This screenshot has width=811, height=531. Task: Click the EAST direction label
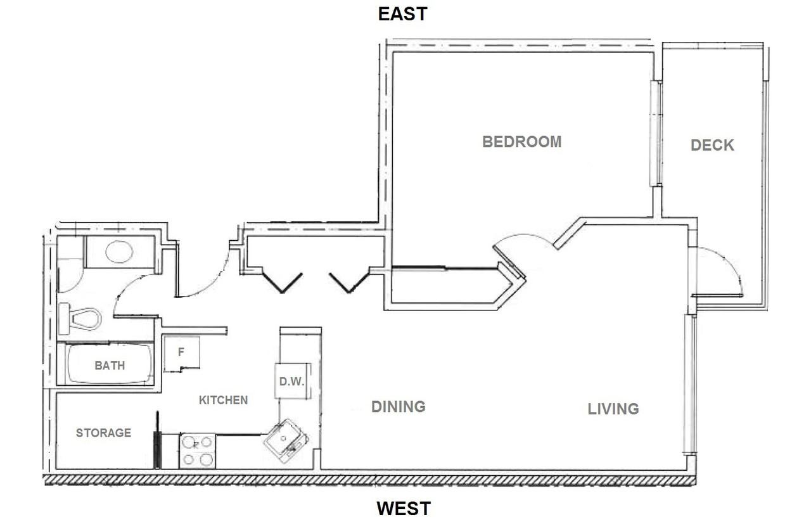[403, 14]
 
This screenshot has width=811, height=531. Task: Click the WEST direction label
[404, 508]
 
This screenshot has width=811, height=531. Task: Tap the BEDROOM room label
[521, 141]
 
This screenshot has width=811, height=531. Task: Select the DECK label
[712, 145]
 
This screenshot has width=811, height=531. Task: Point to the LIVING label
[613, 409]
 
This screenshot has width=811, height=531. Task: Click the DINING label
[398, 406]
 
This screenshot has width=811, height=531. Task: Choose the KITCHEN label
[223, 400]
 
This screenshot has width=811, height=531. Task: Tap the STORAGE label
[103, 433]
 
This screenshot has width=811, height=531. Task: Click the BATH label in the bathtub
[110, 365]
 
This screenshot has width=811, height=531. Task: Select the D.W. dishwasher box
[293, 381]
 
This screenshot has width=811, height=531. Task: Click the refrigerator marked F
[182, 354]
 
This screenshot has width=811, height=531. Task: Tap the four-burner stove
[198, 451]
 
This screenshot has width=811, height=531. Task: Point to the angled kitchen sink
[286, 439]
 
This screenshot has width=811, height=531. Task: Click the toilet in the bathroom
[80, 319]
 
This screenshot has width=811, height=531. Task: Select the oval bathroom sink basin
[119, 252]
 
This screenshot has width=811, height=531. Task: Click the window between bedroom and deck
[656, 133]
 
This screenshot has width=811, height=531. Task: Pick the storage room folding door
[157, 440]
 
